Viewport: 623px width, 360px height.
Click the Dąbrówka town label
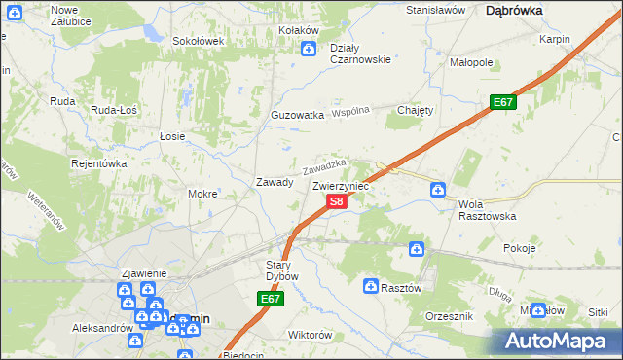513,10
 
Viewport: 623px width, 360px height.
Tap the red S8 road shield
336,201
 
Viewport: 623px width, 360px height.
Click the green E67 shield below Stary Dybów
272,301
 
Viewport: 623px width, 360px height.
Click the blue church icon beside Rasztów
371,286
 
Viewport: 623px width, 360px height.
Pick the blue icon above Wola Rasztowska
438,189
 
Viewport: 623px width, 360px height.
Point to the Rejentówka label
99,163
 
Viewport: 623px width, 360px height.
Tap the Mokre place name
202,194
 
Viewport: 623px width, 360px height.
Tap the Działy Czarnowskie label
360,53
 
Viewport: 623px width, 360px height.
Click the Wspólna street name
351,112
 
